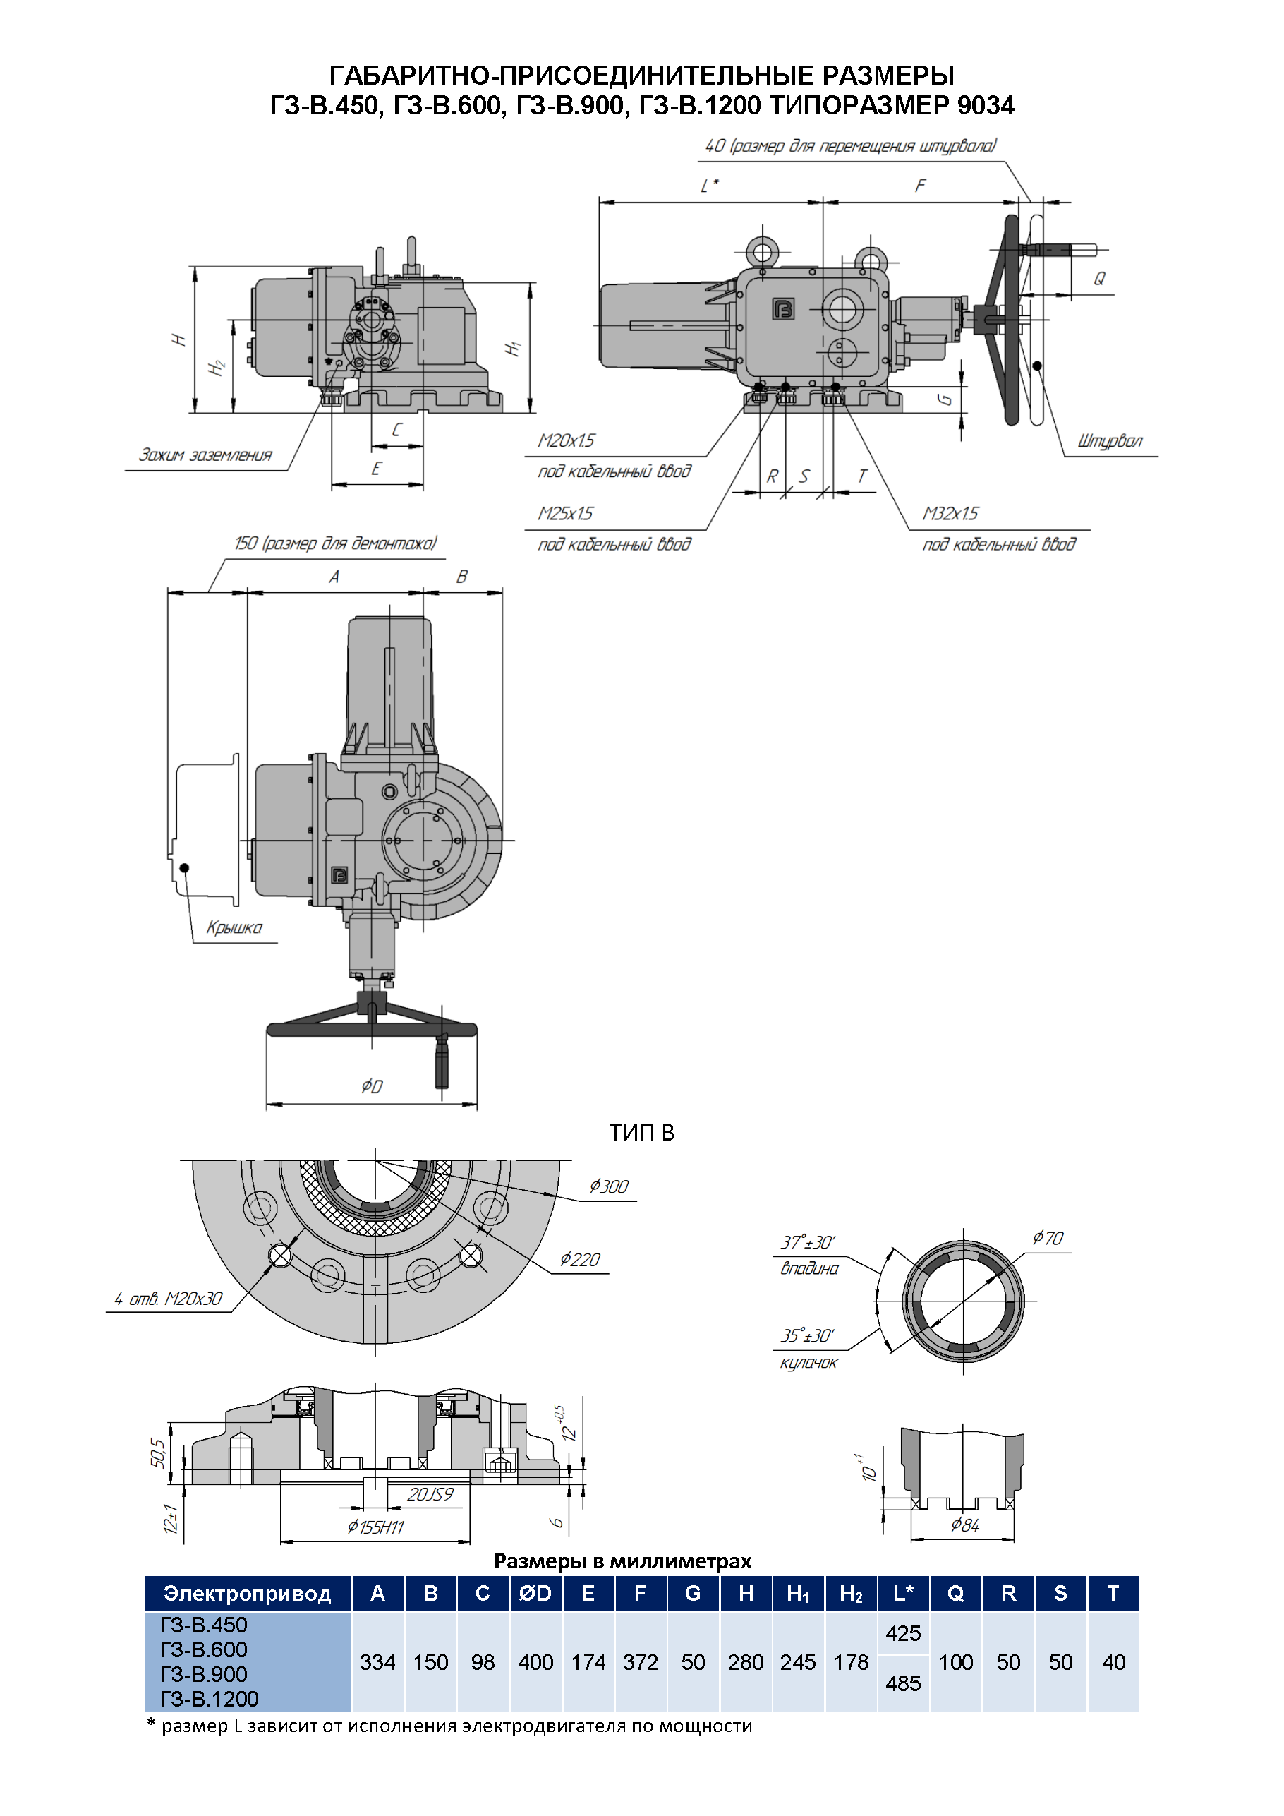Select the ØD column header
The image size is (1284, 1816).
coord(535,1593)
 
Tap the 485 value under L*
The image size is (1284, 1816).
coord(903,1683)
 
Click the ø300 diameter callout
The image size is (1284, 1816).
coord(609,1186)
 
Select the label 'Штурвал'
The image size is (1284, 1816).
coord(1109,441)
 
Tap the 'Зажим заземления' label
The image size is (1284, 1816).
coord(205,455)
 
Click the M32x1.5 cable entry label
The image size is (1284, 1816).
coord(950,514)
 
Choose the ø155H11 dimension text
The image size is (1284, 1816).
coord(375,1527)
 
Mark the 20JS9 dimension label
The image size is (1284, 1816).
coord(430,1494)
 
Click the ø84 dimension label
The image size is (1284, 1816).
coord(964,1525)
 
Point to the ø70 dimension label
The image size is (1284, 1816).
coord(1048,1239)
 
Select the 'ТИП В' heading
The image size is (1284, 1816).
coord(641,1133)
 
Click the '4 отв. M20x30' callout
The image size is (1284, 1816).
coord(169,1299)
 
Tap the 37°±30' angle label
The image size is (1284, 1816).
coord(807,1243)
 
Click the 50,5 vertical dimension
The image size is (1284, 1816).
coord(158,1453)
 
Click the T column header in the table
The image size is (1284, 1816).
coord(1113,1593)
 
